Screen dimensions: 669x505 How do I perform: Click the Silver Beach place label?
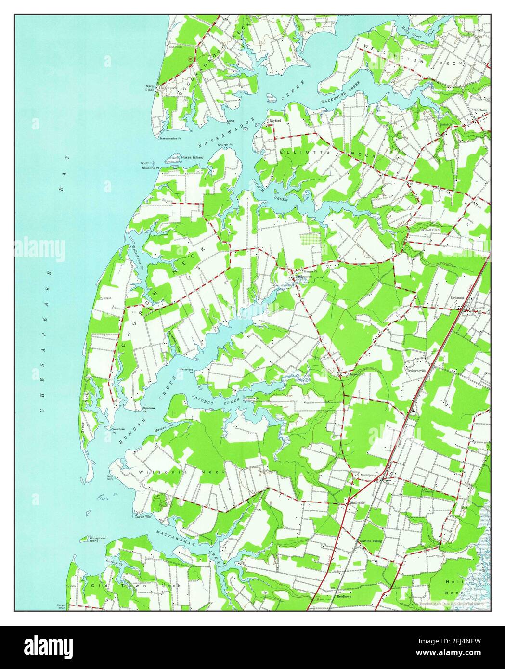click(150, 88)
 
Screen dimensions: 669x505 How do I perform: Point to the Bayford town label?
click(275, 121)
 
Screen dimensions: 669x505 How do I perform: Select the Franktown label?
click(479, 110)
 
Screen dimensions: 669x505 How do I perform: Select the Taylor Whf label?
click(143, 517)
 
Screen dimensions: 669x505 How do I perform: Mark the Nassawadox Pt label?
click(170, 138)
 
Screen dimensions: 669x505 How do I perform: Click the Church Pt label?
click(225, 145)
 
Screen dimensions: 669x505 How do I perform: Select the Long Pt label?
click(231, 122)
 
